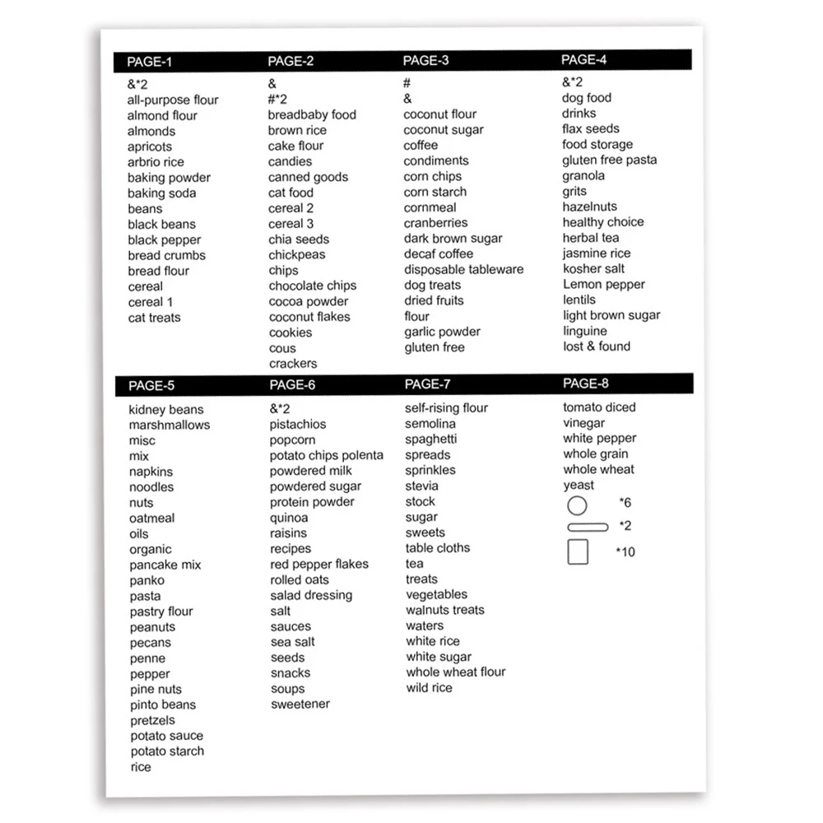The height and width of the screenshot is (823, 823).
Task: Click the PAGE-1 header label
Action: (x=150, y=62)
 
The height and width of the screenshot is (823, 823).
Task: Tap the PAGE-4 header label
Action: (x=584, y=59)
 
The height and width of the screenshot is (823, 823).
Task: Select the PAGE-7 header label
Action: (x=428, y=384)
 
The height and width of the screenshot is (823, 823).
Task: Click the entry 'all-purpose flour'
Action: (x=173, y=100)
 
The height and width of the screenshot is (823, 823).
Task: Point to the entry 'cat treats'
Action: (x=154, y=318)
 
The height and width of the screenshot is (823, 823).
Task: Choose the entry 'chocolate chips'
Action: (x=313, y=286)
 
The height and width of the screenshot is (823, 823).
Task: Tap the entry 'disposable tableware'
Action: (x=463, y=269)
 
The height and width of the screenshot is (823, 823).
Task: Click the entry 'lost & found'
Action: (x=597, y=346)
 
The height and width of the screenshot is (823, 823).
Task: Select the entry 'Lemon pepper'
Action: (x=604, y=284)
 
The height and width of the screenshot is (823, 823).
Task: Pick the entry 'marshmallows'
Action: (x=170, y=425)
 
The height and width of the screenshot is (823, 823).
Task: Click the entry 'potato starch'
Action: (x=167, y=751)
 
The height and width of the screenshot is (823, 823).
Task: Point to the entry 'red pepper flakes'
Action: (x=319, y=564)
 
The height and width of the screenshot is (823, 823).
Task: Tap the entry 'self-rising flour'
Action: (x=447, y=407)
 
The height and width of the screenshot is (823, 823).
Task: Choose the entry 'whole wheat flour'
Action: (x=456, y=672)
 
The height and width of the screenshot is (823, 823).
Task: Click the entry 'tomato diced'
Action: (x=599, y=407)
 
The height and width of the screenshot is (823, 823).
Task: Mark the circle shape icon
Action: (x=578, y=505)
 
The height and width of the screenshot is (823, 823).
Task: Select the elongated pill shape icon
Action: (x=588, y=527)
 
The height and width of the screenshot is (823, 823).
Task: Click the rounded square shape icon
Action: (x=578, y=551)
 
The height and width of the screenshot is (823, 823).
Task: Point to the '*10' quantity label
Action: (x=625, y=552)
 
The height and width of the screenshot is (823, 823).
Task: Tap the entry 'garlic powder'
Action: (x=442, y=332)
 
